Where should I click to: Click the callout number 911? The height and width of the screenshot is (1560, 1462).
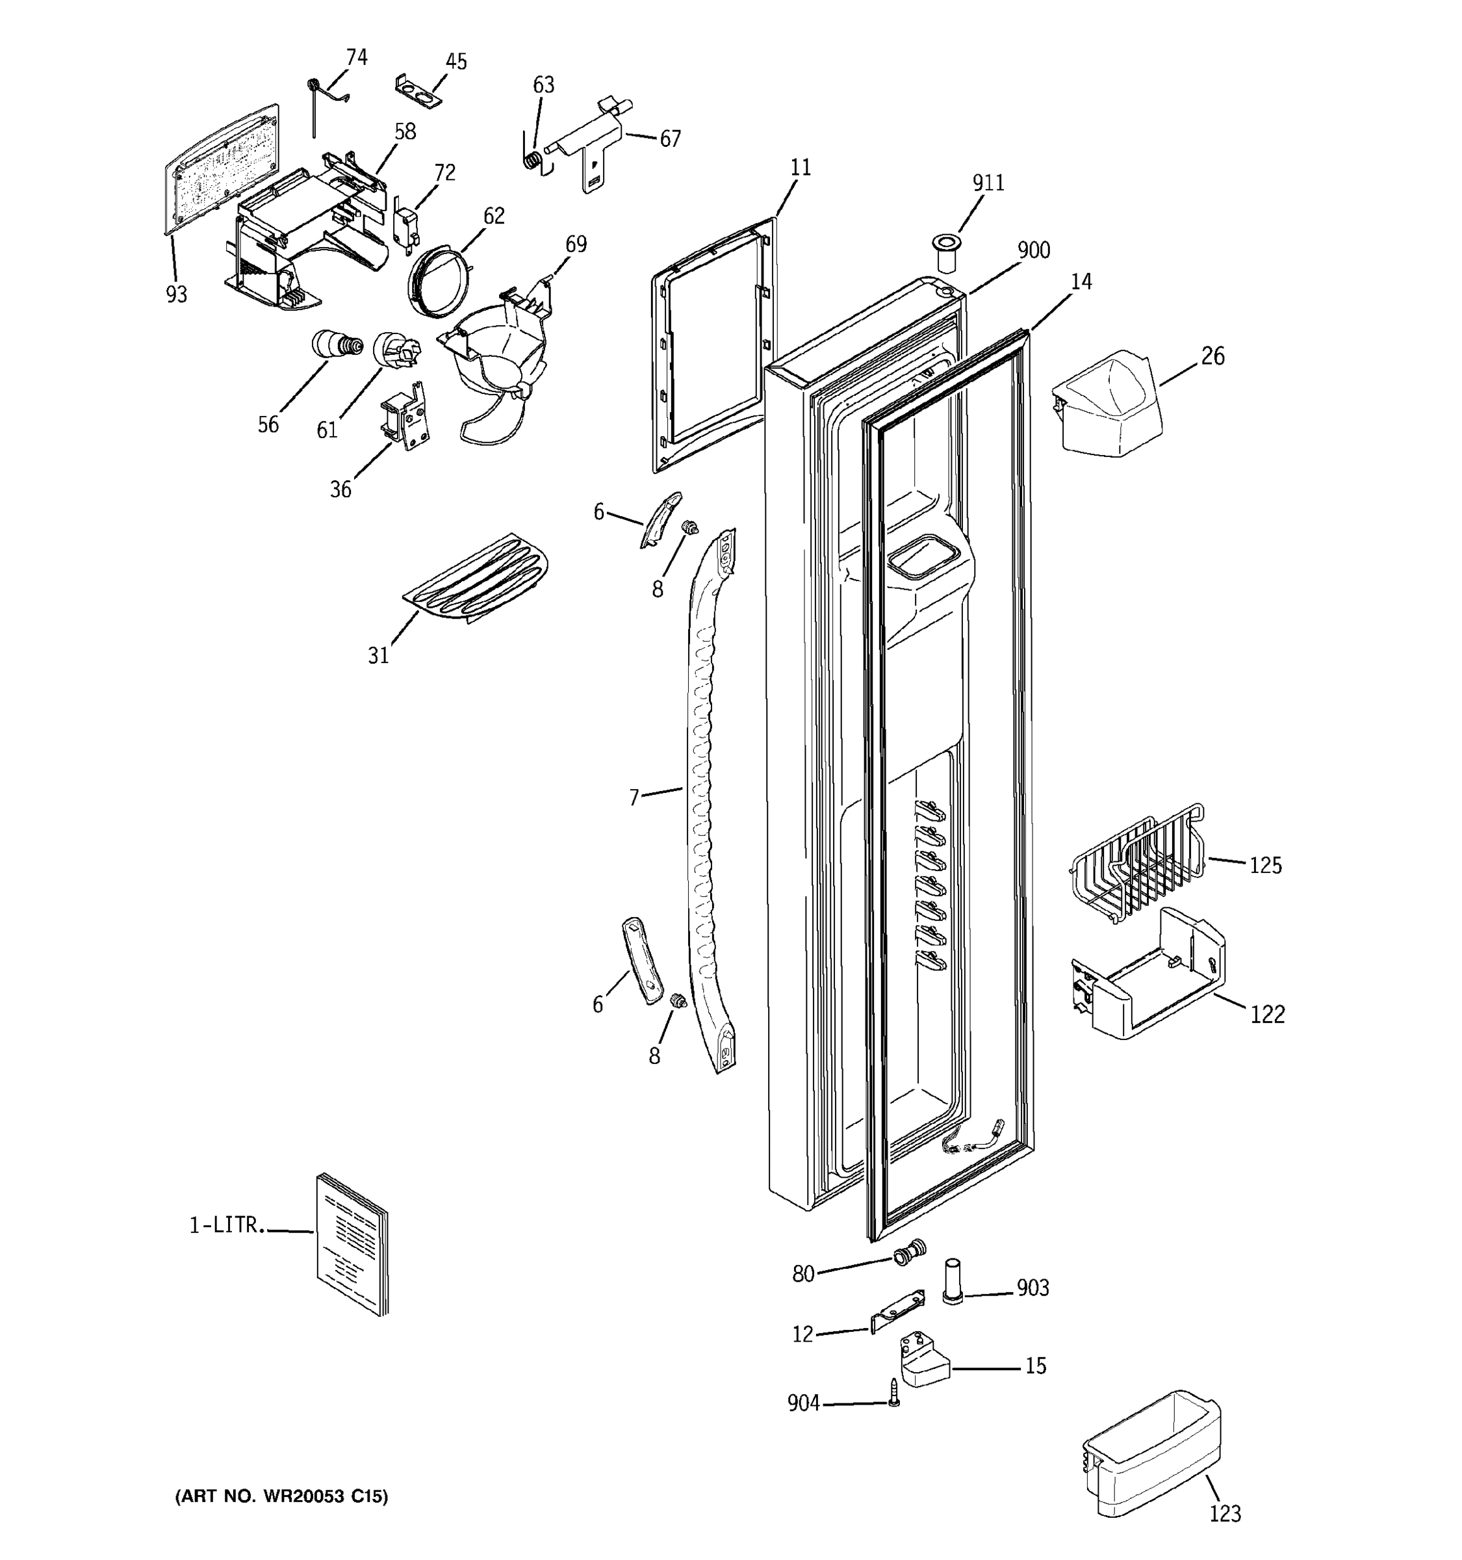pos(988,183)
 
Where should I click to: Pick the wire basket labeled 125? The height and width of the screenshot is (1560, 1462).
pos(1137,863)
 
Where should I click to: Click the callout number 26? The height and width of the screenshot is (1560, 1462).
pos(1212,356)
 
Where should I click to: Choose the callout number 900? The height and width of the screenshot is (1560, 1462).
pos(1034,250)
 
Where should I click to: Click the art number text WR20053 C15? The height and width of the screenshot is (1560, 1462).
pos(281,1496)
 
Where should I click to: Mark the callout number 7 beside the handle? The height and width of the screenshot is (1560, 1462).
pos(634,798)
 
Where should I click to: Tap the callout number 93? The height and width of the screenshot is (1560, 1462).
pos(177,294)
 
